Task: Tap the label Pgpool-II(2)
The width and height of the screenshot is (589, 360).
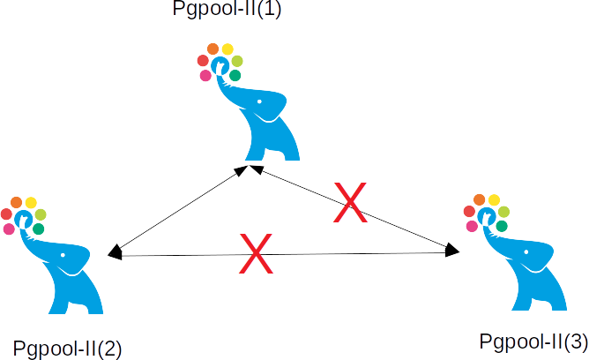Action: click(68, 347)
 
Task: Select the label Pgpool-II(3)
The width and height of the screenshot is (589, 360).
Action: click(533, 341)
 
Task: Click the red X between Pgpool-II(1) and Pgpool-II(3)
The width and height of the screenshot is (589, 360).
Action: click(349, 202)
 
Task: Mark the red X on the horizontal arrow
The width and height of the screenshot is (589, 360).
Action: click(255, 255)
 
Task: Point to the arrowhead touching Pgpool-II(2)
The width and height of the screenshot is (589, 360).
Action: click(114, 253)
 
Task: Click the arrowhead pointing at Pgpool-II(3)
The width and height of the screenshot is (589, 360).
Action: click(452, 250)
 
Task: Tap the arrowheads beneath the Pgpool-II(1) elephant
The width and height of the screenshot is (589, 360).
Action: click(250, 169)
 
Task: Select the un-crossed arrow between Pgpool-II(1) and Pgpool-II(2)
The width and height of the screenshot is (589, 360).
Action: click(181, 210)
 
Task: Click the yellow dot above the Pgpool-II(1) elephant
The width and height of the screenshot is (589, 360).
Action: click(227, 49)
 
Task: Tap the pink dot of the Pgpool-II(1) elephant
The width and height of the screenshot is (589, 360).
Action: click(205, 76)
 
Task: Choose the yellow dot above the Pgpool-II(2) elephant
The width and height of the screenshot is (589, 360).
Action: click(31, 203)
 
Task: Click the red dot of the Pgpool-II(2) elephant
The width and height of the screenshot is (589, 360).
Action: click(6, 214)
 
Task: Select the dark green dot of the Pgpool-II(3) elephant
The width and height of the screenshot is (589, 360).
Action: click(502, 227)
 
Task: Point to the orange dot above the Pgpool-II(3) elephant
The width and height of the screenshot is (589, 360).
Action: click(480, 200)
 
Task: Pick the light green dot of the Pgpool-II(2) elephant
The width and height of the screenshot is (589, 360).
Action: click(41, 214)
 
